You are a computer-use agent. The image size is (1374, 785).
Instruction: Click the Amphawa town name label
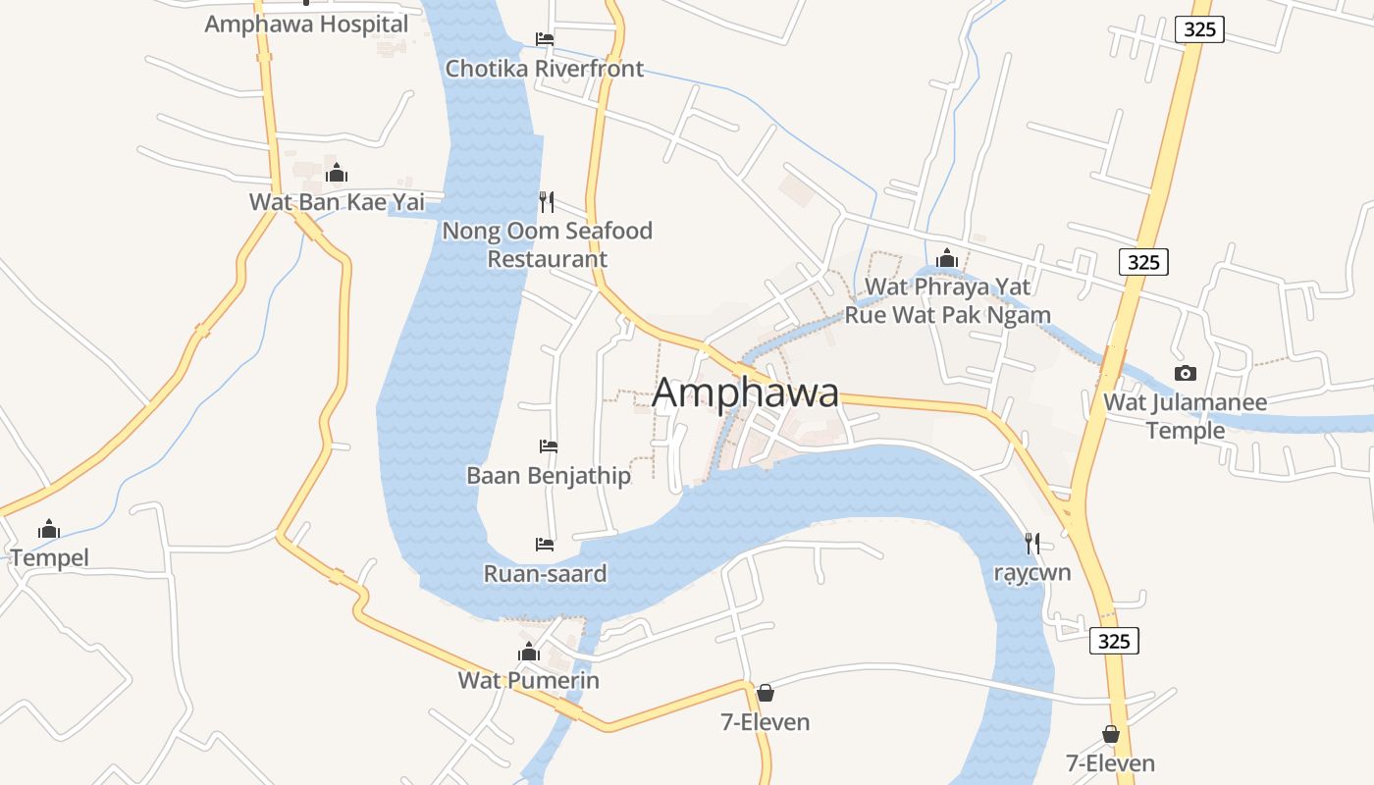click(x=745, y=392)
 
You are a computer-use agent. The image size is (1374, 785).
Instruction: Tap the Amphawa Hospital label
click(x=306, y=25)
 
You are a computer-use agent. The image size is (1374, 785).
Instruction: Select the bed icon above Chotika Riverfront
click(x=545, y=39)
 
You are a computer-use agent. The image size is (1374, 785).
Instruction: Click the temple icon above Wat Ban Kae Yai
click(x=337, y=174)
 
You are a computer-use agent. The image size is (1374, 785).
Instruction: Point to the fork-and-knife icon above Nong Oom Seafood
click(x=547, y=202)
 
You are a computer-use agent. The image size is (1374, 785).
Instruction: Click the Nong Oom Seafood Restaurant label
click(x=548, y=244)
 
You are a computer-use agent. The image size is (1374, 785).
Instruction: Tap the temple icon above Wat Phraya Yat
click(x=947, y=258)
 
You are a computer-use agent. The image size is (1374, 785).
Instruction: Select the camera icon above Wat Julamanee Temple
click(x=1186, y=373)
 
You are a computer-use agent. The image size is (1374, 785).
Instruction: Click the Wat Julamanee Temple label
click(x=1186, y=416)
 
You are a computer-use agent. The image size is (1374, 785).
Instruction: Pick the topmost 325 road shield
click(x=1199, y=29)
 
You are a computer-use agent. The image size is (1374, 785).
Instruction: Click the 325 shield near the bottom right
click(x=1114, y=642)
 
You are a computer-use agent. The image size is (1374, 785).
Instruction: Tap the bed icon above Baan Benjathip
click(x=549, y=446)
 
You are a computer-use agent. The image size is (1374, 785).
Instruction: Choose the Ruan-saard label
click(x=545, y=573)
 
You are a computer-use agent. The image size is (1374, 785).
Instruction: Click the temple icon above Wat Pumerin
click(x=529, y=652)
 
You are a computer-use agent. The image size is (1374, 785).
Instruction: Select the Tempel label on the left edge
click(x=49, y=557)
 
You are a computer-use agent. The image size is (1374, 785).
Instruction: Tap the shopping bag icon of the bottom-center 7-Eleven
click(x=766, y=693)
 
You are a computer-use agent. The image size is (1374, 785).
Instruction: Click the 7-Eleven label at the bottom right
click(x=1110, y=762)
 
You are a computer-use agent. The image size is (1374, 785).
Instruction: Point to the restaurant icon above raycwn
click(x=1031, y=543)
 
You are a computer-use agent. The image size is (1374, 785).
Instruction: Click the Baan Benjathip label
click(x=549, y=475)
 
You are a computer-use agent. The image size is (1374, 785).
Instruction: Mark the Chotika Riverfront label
click(x=545, y=69)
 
